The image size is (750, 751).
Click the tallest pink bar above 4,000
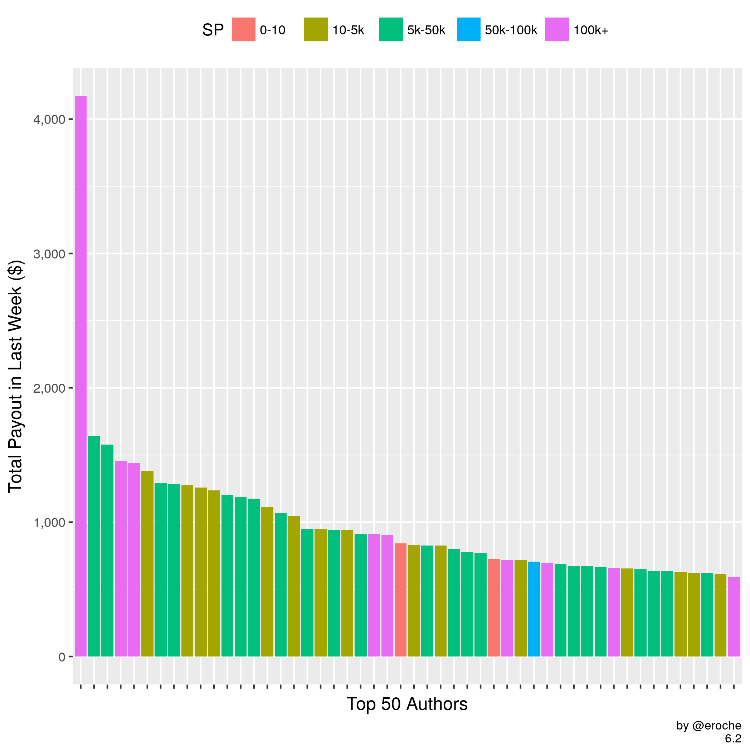coord(81,376)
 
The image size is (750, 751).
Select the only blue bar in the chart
coord(534,609)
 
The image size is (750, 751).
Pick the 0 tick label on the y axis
coord(62,657)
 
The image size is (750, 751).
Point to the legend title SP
coord(213,30)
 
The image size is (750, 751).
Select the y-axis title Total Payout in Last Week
coord(16,377)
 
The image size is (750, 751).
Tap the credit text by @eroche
coord(708,726)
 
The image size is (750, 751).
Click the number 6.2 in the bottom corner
coord(733,738)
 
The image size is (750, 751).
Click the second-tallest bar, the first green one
coord(94,546)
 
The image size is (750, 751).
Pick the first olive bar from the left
coord(147,564)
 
